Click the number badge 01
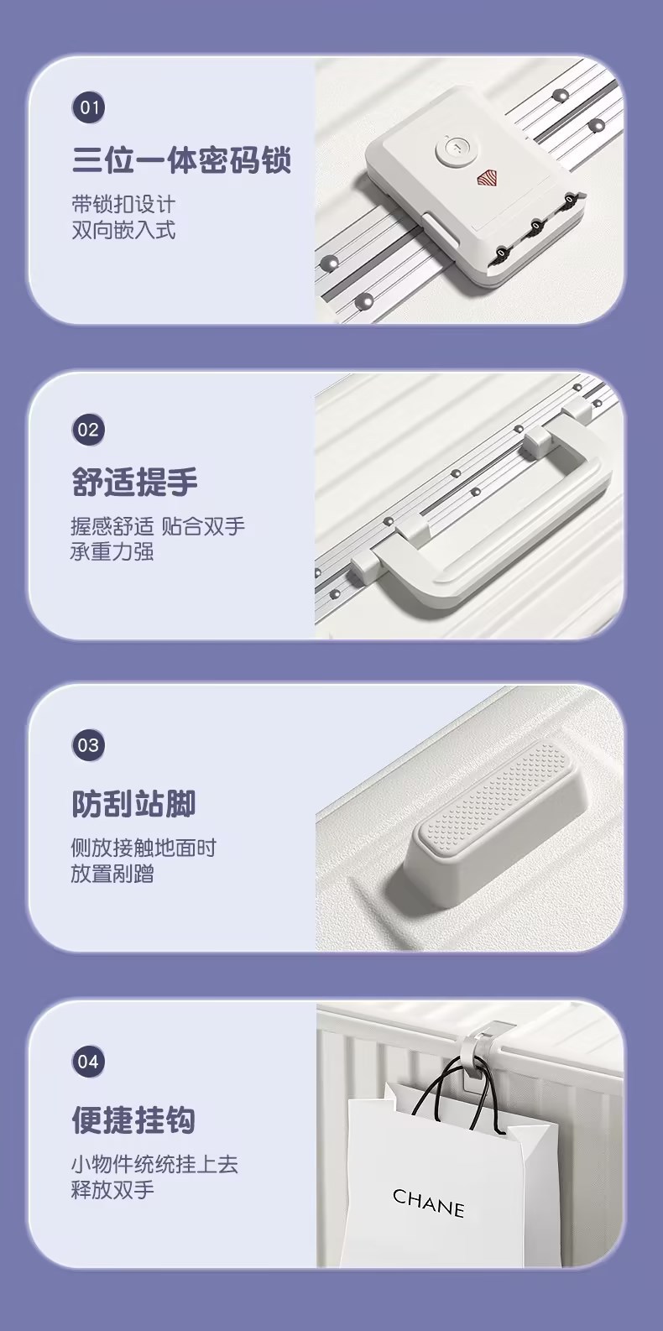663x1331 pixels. (88, 107)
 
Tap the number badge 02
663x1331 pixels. (88, 431)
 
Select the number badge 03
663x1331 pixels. (88, 745)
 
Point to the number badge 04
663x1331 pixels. (88, 1062)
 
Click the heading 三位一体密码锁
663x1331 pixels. (181, 159)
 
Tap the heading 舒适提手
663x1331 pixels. (134, 483)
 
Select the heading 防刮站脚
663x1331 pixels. (133, 803)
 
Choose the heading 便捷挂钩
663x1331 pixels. (133, 1120)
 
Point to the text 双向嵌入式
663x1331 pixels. (123, 230)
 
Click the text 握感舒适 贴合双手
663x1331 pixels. (158, 526)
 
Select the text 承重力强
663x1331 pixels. (112, 552)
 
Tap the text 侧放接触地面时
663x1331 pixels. (144, 848)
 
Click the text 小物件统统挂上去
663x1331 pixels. (154, 1164)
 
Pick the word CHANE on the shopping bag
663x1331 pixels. (428, 1203)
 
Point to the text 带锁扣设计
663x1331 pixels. (123, 204)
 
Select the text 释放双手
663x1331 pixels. (112, 1190)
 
